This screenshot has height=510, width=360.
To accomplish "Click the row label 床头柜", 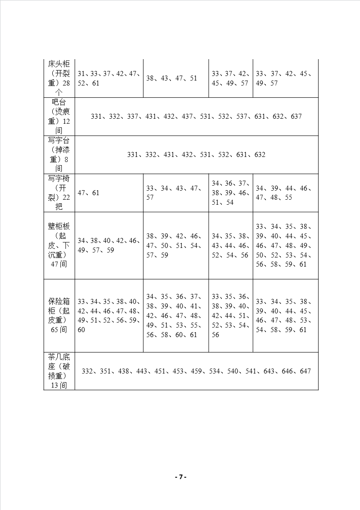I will pos(59,64).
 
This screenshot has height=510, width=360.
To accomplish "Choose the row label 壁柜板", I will pos(59,227).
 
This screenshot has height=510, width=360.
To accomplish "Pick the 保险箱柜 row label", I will pos(59,301).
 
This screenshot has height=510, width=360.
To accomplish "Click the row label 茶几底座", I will pos(59,357).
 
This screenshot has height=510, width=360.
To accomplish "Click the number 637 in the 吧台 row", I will pos(296,116).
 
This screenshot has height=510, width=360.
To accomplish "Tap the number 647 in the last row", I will pos(305,371).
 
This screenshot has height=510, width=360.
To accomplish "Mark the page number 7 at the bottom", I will pos(180,477).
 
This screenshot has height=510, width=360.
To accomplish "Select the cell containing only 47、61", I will pos(89,193).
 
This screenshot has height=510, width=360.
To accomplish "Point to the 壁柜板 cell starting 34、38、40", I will pos(109,246).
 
